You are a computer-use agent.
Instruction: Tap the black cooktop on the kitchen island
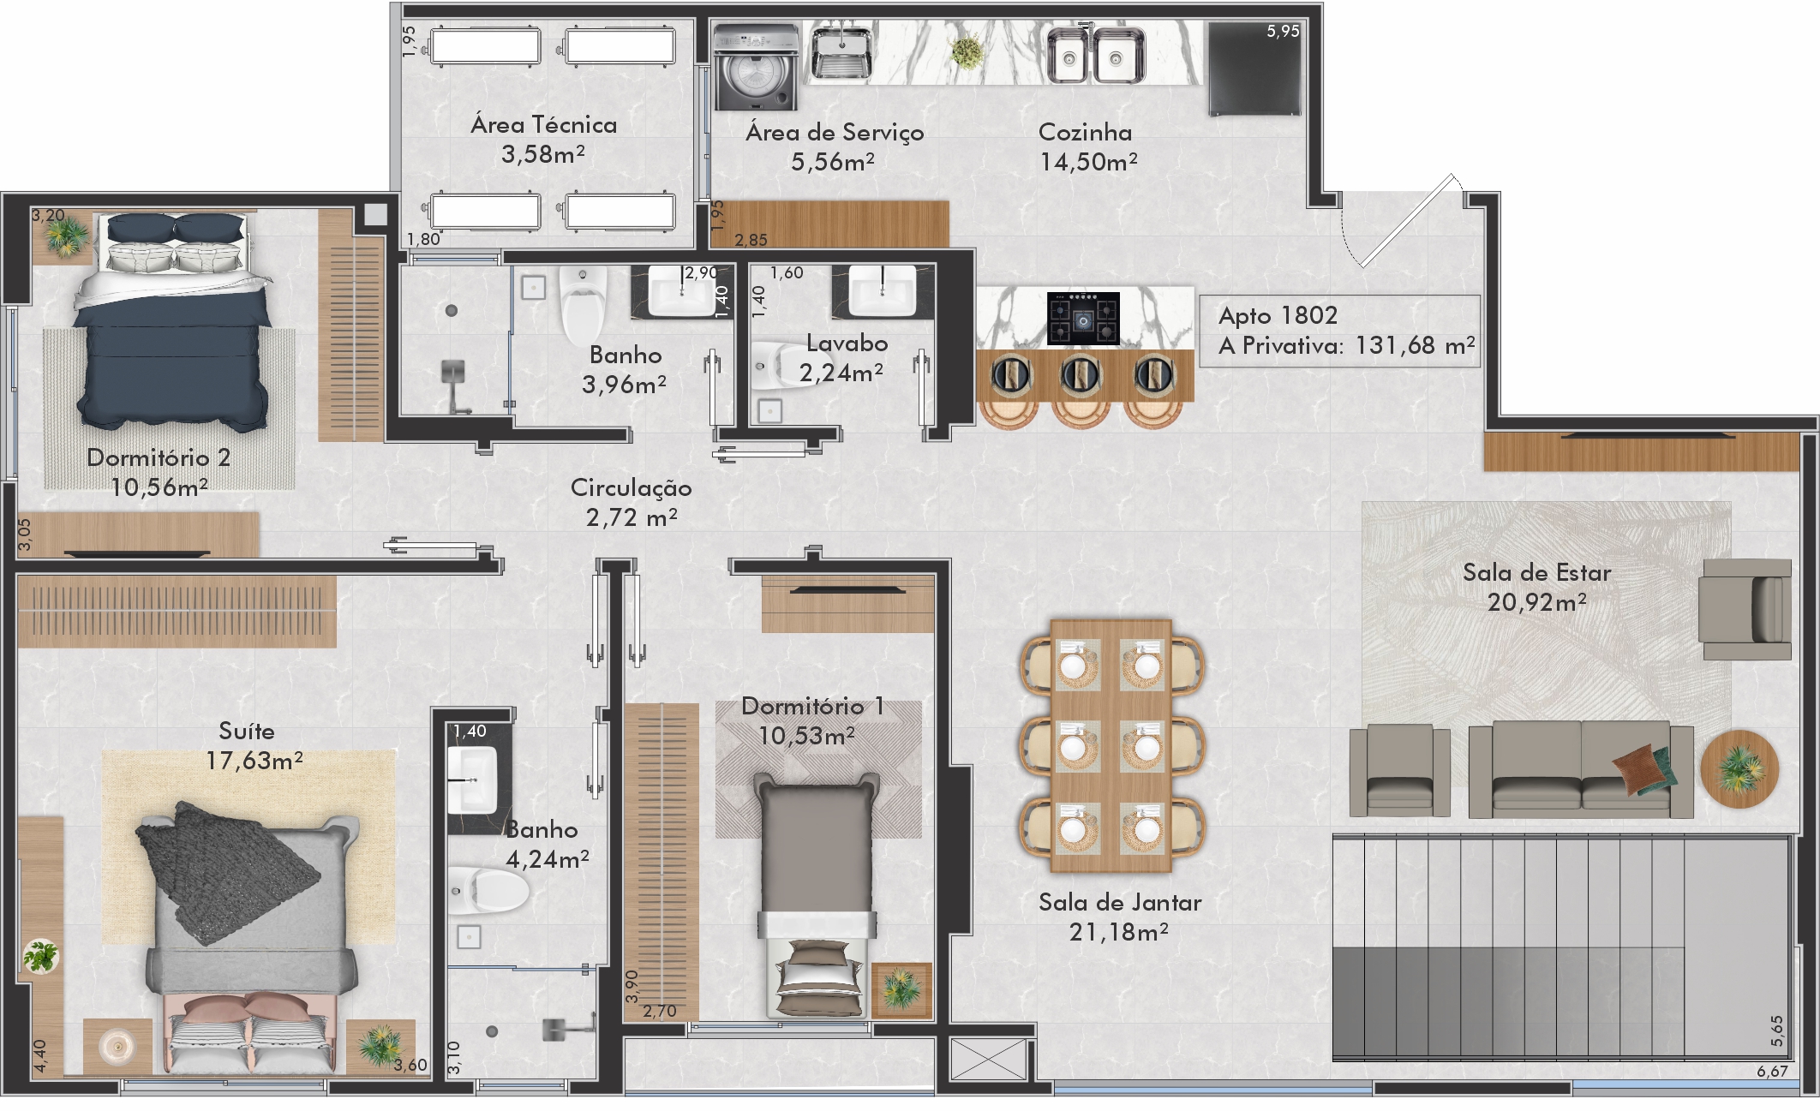(1083, 319)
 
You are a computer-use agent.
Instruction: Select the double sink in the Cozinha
(1096, 55)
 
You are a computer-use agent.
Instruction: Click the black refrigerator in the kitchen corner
(1254, 69)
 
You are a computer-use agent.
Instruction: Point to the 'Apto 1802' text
(1278, 315)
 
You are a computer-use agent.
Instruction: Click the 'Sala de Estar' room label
(1536, 572)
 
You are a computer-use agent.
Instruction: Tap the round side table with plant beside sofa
(1739, 768)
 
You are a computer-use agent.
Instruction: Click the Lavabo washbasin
(882, 291)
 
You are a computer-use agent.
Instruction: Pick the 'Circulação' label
(631, 487)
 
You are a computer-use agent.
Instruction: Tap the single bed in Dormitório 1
(817, 896)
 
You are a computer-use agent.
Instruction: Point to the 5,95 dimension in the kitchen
(1283, 32)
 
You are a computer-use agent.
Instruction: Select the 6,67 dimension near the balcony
(1772, 1072)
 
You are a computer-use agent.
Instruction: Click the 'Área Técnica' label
(543, 125)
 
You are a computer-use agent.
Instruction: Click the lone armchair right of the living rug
(1745, 609)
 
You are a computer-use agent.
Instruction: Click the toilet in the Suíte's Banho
(488, 891)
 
